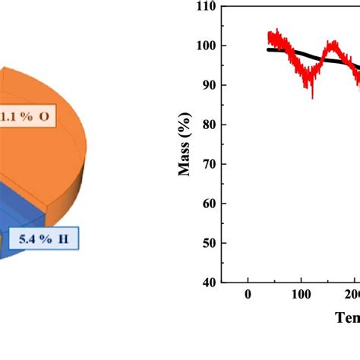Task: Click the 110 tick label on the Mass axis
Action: pyautogui.click(x=206, y=7)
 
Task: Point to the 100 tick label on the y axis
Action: pyautogui.click(x=206, y=46)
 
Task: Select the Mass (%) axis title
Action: pyautogui.click(x=185, y=144)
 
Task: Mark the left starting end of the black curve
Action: pyautogui.click(x=269, y=49)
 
